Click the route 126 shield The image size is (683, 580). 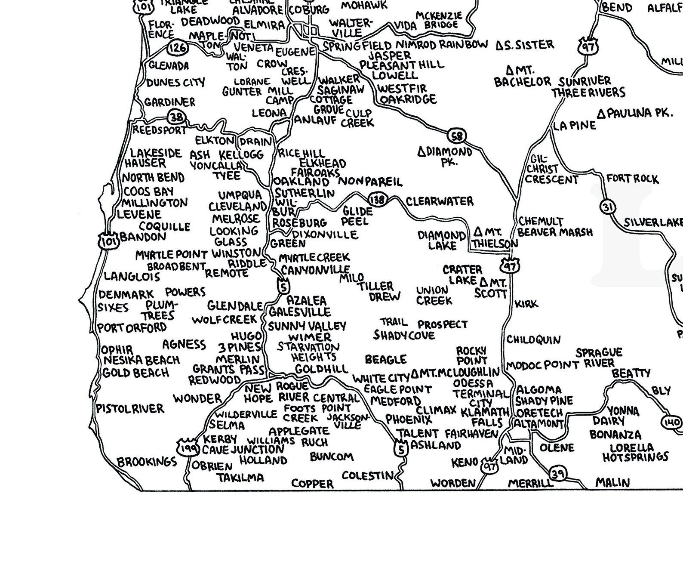click(177, 47)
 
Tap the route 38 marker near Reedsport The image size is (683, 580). click(176, 117)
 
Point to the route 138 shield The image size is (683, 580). click(377, 199)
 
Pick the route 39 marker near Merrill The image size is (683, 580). click(558, 474)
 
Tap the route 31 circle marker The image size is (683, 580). click(607, 207)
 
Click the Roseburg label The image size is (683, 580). click(299, 223)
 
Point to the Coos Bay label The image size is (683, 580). click(148, 191)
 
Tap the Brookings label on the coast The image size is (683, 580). click(147, 462)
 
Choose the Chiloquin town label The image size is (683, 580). click(533, 339)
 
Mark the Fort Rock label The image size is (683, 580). click(632, 179)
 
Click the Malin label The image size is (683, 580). click(612, 483)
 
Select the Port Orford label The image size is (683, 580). click(132, 327)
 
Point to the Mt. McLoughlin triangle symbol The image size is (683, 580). click(415, 373)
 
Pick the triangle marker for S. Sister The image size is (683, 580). click(499, 45)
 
